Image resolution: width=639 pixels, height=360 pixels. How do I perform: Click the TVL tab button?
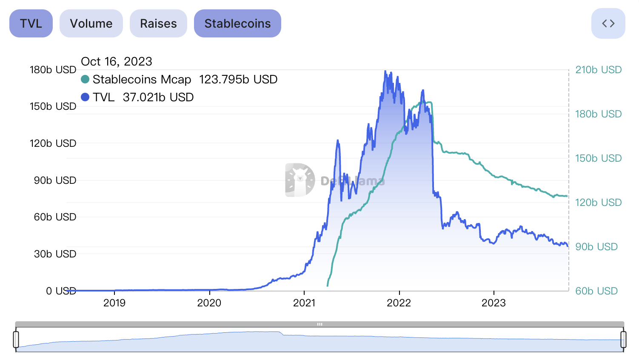coord(31,23)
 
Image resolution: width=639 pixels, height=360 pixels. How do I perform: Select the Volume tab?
coord(91,23)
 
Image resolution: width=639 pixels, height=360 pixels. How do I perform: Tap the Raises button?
coord(158,23)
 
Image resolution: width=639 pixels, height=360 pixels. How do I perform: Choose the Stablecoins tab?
coord(237,23)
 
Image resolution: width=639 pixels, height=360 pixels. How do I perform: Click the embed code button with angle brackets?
coord(608,23)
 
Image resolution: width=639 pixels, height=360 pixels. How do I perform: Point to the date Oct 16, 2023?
coord(117,62)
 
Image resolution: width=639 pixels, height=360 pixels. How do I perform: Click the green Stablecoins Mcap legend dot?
coord(85,80)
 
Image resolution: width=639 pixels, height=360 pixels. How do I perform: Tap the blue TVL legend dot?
coord(85,97)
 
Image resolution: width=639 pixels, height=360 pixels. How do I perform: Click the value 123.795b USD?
coord(238,80)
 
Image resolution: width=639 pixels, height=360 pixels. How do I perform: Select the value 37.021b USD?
coord(158,97)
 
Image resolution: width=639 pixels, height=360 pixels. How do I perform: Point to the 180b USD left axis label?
coord(53,70)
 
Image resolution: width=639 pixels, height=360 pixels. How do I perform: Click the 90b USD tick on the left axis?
coord(55,180)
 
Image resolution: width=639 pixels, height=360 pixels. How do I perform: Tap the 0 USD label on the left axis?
coord(61,291)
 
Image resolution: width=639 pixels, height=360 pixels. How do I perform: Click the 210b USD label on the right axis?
coord(598,70)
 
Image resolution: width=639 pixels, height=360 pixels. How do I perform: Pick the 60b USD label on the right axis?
coord(596,291)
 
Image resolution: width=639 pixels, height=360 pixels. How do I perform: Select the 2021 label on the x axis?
coord(304,303)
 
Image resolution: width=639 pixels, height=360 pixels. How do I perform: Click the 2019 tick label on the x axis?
coord(114,303)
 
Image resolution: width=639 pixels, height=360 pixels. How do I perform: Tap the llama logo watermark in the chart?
coord(300,180)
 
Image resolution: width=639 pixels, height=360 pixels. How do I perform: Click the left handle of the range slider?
coord(16,339)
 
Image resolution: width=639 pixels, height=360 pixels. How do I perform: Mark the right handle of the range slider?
coord(623,339)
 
